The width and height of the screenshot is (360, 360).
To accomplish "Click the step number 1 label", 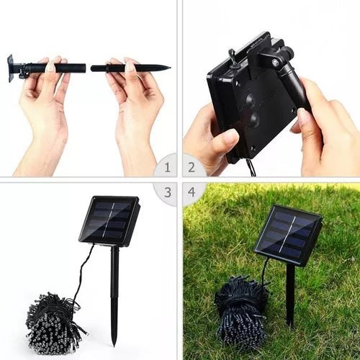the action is pos(168,167).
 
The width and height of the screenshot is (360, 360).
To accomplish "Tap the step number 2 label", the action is pos(192,167).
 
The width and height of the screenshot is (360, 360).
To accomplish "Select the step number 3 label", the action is pos(168,192).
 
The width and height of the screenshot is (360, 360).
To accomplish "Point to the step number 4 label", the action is pos(192,192).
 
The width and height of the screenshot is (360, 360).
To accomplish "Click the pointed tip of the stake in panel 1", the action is pos(170,68).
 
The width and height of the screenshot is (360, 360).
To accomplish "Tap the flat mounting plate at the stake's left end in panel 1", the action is pos(10,68).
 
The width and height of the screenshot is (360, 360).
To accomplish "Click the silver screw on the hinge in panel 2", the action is pos(276,62).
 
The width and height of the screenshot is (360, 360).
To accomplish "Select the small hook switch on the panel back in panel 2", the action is pos(233,56).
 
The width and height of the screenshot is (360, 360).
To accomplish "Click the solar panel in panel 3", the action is pos(109,221).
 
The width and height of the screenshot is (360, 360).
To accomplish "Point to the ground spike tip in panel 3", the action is pos(114,345).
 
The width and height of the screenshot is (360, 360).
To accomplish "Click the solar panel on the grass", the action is pos(288,235).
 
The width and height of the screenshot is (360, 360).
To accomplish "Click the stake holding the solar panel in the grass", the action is pos(290,295).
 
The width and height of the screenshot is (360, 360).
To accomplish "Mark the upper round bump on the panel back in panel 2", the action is pos(251,99).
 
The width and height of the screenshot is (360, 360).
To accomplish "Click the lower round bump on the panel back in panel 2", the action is pos(254,119).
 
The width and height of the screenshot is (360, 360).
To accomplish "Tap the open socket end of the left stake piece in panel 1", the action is pos(85,68).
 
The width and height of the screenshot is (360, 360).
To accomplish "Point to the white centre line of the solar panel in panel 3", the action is pos(109,220).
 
